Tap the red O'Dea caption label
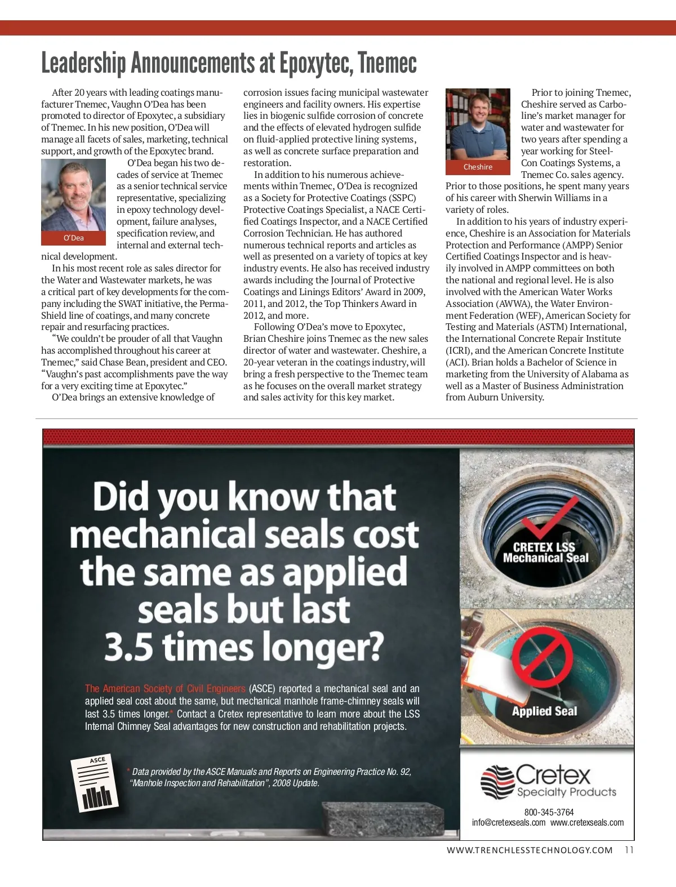(73, 238)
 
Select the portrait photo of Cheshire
(478, 124)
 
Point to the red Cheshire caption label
(478, 167)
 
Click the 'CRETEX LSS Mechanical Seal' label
(545, 552)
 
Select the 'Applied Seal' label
(544, 711)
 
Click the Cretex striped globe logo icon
(497, 781)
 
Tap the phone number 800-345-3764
(549, 812)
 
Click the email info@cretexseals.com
(509, 822)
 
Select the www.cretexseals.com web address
(587, 822)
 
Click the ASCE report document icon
(95, 783)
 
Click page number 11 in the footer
(629, 850)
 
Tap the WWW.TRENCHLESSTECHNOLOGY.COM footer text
(530, 850)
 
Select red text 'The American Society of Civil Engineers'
(165, 688)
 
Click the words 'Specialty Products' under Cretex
(567, 792)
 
